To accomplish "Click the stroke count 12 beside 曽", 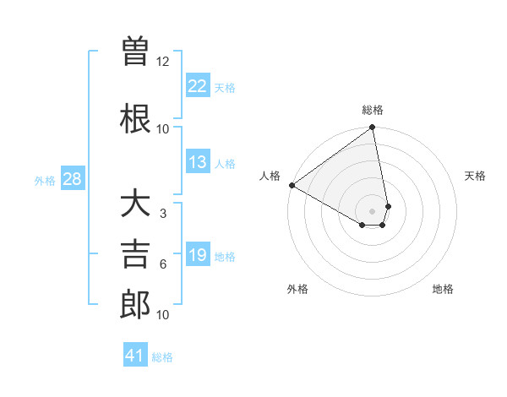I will (163, 61).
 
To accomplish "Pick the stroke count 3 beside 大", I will (163, 213).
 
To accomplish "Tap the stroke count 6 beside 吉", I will (163, 264).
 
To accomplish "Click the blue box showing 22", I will (197, 86).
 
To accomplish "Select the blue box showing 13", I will (197, 162).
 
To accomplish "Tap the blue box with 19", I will (197, 255).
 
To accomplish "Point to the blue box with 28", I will (72, 179).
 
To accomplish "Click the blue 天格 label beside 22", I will (225, 88).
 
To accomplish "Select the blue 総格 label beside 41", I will (162, 357).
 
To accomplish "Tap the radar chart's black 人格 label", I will (270, 176).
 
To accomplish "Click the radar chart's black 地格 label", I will (443, 289).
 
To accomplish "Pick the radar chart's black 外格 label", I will (297, 289).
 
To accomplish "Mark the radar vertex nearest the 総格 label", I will (372, 128).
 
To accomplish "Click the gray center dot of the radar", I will (372, 209).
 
